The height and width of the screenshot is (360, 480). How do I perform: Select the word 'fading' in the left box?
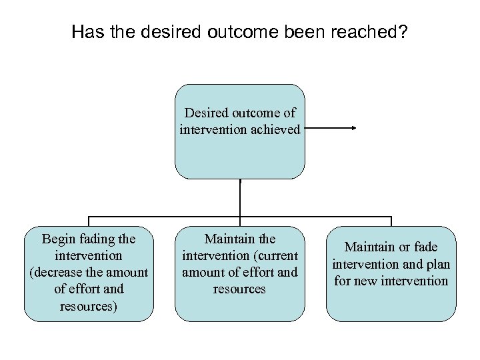click(x=98, y=239)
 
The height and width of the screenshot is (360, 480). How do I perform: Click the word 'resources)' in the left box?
click(x=89, y=305)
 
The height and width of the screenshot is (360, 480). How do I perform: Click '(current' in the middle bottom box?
click(x=274, y=255)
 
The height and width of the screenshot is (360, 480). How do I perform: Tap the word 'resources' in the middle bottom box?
click(x=240, y=289)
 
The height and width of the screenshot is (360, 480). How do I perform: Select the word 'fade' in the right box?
click(x=425, y=247)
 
